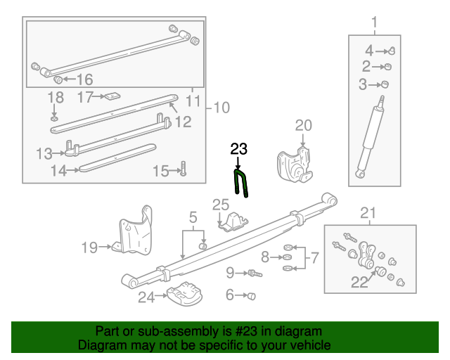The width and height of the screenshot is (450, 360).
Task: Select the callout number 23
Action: tap(239, 148)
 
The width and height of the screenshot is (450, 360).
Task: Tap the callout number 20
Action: tap(303, 125)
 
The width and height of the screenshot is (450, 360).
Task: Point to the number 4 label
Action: tap(369, 50)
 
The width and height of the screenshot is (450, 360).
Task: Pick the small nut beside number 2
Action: tap(387, 67)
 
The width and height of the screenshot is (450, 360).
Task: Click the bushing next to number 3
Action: tap(385, 84)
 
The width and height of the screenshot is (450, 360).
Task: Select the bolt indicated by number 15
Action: tap(182, 170)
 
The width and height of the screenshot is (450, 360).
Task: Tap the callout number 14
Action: tap(58, 169)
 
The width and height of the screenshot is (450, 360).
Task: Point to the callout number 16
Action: tap(84, 79)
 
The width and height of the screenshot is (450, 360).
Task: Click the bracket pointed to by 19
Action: tap(136, 232)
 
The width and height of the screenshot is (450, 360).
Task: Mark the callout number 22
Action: tap(359, 282)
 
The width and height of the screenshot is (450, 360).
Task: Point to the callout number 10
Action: tap(221, 108)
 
